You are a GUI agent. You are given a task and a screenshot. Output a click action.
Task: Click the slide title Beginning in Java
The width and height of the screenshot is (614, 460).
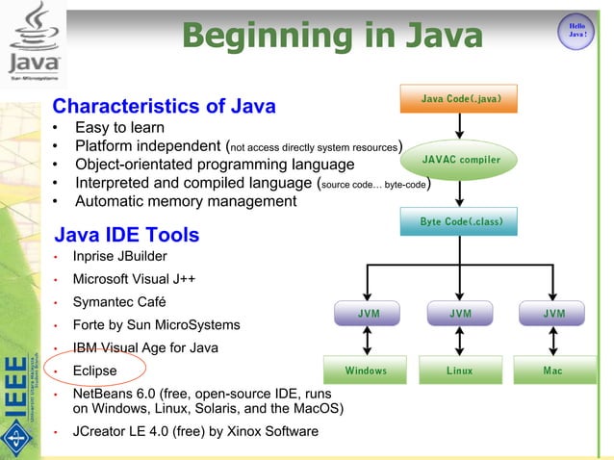click(x=332, y=36)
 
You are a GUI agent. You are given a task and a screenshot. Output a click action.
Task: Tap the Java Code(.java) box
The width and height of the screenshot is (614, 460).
click(x=461, y=98)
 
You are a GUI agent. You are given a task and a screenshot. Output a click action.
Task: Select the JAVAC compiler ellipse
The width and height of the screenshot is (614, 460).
click(x=461, y=159)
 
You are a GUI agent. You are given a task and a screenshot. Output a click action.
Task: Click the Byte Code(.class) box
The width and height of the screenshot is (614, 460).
click(x=461, y=221)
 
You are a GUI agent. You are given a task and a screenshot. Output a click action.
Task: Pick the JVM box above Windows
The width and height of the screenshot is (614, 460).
click(x=368, y=314)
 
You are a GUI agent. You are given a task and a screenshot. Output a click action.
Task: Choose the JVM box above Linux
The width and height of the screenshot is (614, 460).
click(x=460, y=314)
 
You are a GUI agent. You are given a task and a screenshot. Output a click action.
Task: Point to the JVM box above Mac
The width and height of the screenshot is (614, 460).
click(x=553, y=314)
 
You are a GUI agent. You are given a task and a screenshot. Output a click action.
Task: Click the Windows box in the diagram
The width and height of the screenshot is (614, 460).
click(x=367, y=371)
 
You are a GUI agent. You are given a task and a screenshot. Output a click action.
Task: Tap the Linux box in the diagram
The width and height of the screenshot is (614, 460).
click(x=460, y=371)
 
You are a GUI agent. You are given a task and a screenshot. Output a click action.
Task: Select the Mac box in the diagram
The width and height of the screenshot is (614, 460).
click(x=553, y=371)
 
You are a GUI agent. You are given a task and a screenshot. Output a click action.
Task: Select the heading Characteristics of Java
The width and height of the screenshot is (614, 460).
click(x=165, y=106)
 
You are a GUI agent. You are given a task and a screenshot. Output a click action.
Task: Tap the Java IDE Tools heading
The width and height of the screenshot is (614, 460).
click(x=127, y=235)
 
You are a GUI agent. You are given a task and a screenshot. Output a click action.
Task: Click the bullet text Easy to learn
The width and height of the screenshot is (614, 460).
click(x=119, y=128)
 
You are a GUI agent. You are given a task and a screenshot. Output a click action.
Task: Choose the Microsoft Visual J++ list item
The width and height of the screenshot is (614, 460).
click(x=135, y=279)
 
